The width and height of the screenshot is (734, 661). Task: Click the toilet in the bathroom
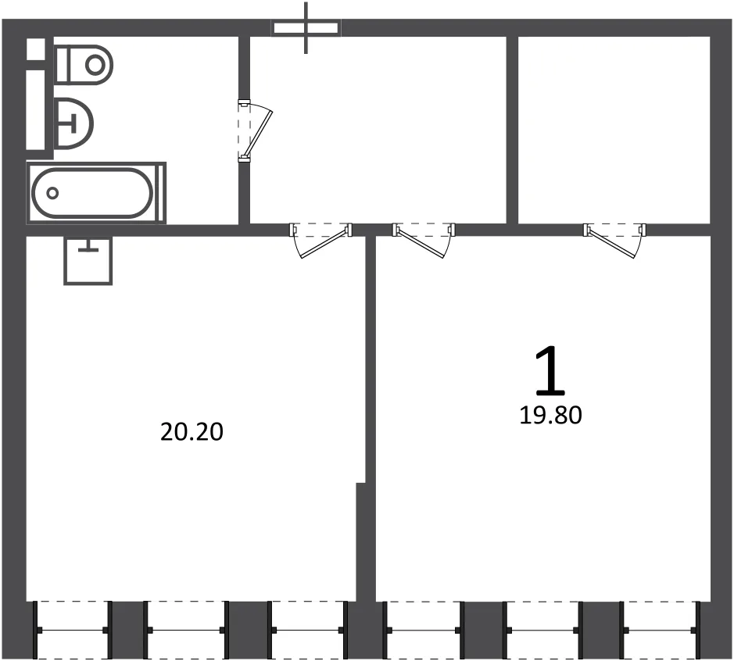(x=84, y=65)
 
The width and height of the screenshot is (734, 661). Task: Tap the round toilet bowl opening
(x=95, y=65)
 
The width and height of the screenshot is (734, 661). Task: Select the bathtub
(x=96, y=192)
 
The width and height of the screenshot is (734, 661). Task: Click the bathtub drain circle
(x=52, y=193)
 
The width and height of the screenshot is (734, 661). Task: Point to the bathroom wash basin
(x=74, y=124)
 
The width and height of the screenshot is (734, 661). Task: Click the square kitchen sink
(x=88, y=260)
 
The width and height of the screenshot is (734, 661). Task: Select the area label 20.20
(x=192, y=432)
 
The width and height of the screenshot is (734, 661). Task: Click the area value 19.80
(x=550, y=416)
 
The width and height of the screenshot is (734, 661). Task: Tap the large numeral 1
(x=550, y=370)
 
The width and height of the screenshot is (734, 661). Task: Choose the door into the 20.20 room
(x=321, y=241)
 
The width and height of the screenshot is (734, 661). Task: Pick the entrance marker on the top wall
(x=306, y=28)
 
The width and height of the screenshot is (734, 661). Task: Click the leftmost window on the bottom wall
(x=73, y=630)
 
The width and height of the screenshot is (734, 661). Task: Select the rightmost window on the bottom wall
(x=660, y=630)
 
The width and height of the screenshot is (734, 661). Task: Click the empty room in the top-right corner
(x=614, y=130)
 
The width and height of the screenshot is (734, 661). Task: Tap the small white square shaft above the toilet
(x=36, y=49)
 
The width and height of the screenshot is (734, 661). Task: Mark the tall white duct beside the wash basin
(x=36, y=109)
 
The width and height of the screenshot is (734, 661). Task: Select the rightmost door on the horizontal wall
(x=614, y=241)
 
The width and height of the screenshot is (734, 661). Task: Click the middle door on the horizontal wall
(x=424, y=241)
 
